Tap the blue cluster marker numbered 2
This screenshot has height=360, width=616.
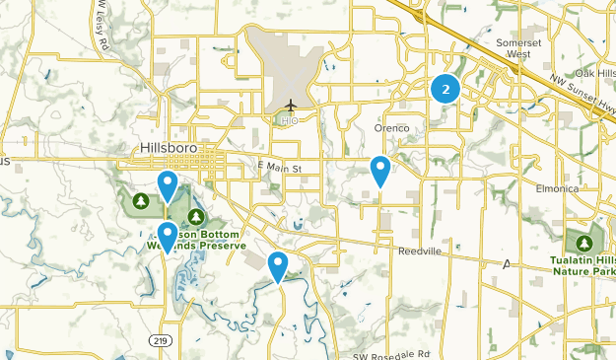(446, 89)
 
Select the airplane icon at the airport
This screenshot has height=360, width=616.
(291, 105)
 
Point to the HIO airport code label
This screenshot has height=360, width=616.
(290, 120)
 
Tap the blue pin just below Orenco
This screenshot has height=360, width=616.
(379, 171)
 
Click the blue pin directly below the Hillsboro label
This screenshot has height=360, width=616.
(169, 183)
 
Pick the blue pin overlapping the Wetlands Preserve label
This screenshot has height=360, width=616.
(169, 236)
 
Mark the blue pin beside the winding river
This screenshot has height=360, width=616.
(278, 265)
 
